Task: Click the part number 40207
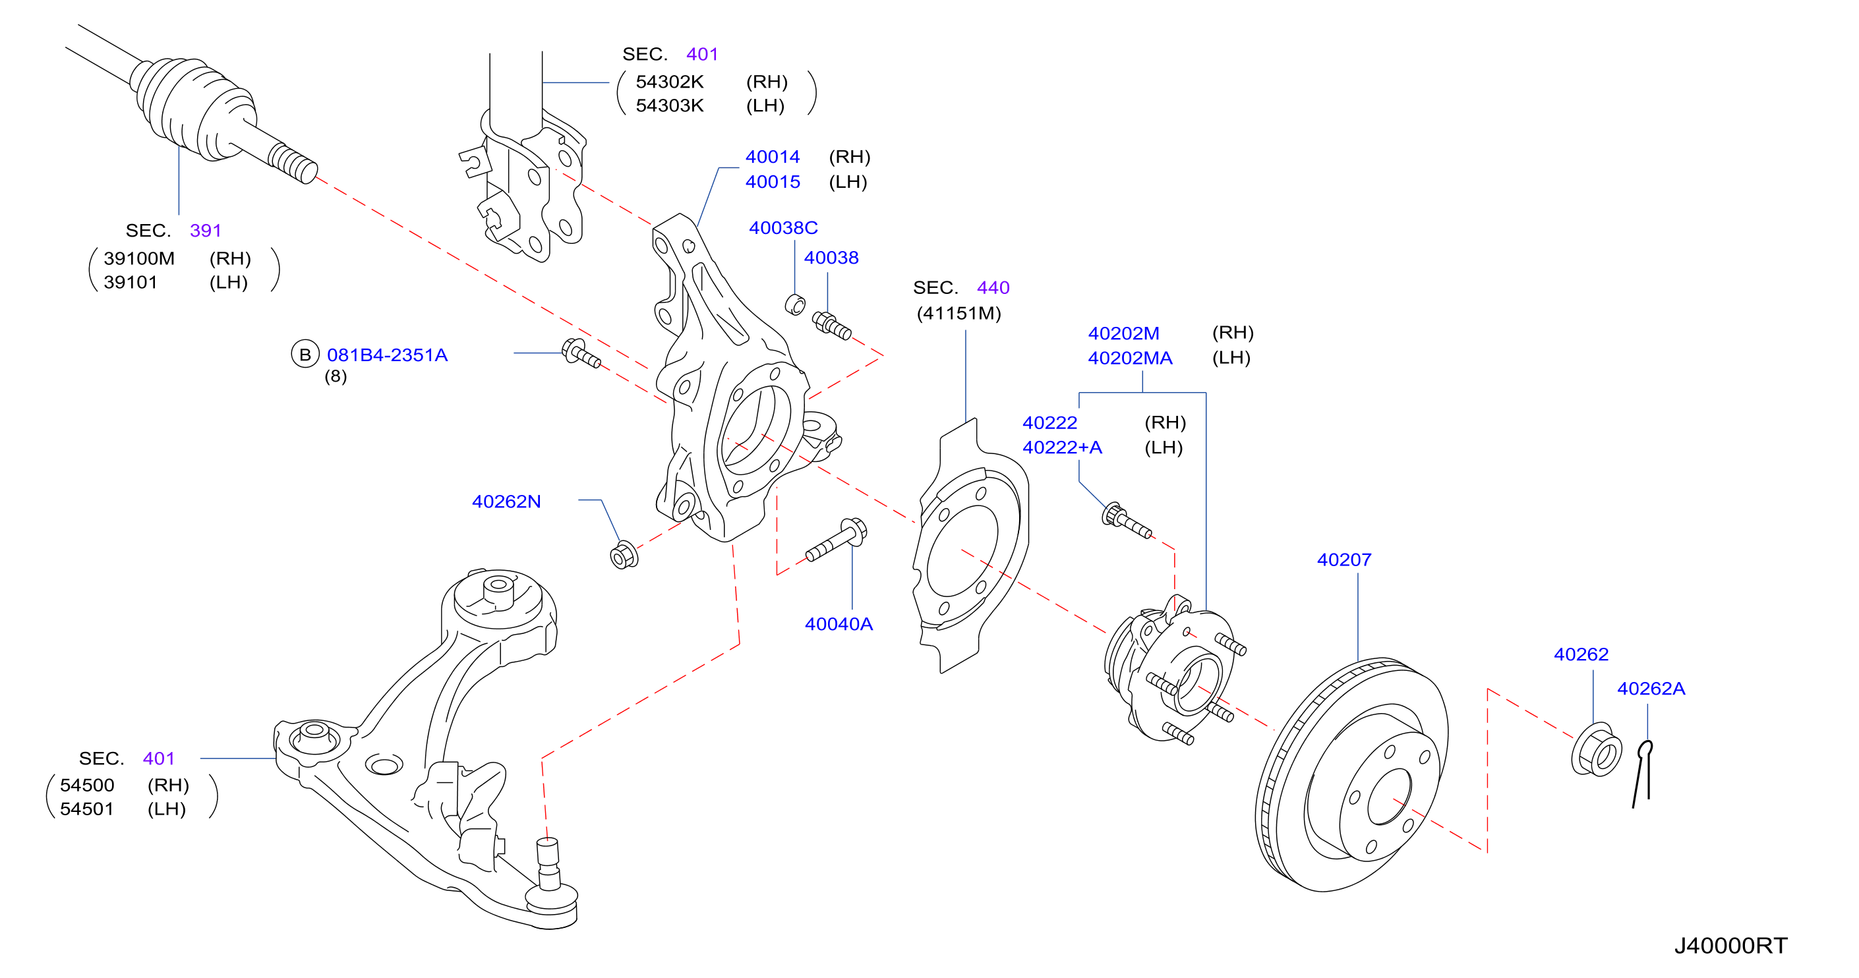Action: click(x=1343, y=560)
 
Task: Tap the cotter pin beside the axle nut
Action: click(x=1643, y=773)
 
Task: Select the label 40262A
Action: click(x=1651, y=688)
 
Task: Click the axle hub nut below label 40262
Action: click(x=1597, y=750)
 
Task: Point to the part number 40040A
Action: click(x=839, y=624)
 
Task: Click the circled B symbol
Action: click(x=305, y=354)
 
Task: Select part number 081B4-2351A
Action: click(x=388, y=355)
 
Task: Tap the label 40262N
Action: click(x=506, y=502)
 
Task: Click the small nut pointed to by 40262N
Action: click(x=623, y=555)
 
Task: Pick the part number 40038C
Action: click(x=783, y=228)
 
